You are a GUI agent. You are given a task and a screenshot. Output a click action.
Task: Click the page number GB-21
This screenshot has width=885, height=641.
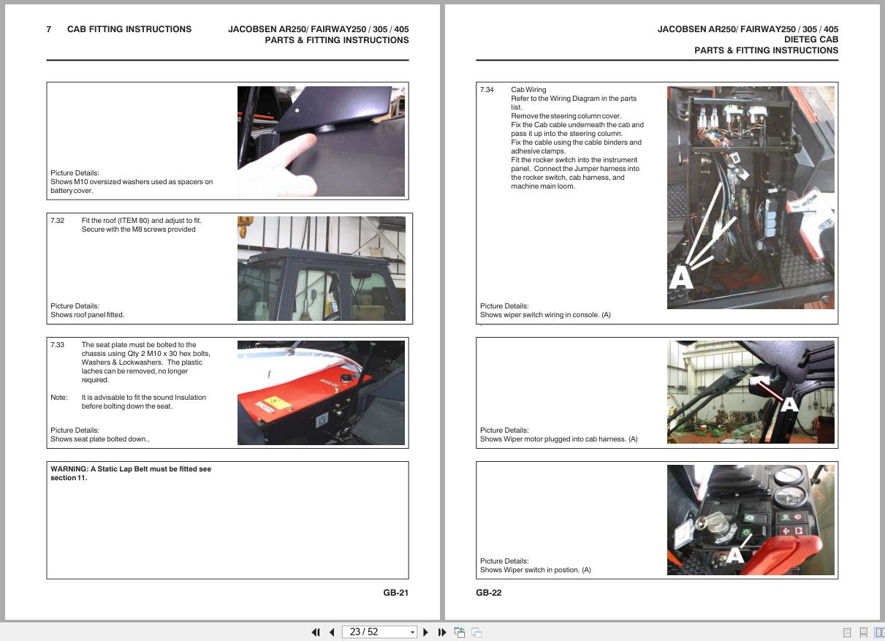click(x=395, y=592)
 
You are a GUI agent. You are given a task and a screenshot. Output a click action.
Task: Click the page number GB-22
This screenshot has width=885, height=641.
click(x=489, y=592)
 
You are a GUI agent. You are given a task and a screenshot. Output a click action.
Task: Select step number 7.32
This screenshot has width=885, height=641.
click(x=57, y=221)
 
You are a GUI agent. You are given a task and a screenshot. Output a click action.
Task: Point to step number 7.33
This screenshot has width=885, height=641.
click(x=57, y=344)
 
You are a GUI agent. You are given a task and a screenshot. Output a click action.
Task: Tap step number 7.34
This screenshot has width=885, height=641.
click(x=487, y=90)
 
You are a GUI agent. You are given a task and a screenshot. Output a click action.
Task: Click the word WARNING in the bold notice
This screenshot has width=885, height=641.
click(x=69, y=469)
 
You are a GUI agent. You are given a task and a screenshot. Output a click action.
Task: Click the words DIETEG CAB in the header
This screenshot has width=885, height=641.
click(x=811, y=39)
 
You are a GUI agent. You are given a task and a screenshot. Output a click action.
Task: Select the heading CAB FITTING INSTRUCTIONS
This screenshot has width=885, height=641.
click(x=129, y=29)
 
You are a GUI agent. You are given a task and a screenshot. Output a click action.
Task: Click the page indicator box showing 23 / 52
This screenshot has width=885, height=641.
click(x=379, y=632)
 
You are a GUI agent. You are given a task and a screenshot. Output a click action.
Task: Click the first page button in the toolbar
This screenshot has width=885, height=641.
click(x=316, y=632)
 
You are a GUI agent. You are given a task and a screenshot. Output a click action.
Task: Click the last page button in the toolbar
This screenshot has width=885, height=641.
click(x=442, y=632)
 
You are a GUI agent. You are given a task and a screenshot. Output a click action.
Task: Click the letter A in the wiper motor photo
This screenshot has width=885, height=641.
click(x=789, y=405)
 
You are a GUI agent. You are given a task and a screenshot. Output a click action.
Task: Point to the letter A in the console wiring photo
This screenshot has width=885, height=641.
click(x=680, y=277)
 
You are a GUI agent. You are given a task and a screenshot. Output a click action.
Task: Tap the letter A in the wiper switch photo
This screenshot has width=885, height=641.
click(x=734, y=555)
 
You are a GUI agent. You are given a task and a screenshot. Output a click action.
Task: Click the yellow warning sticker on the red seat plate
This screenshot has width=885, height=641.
click(x=276, y=402)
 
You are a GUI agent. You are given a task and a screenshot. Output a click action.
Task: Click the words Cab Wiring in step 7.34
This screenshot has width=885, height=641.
click(x=528, y=90)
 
